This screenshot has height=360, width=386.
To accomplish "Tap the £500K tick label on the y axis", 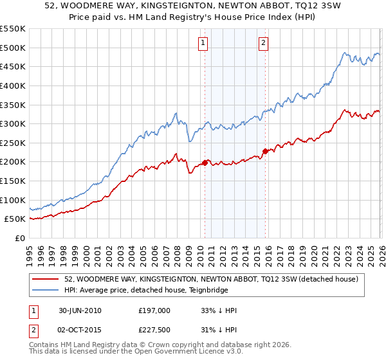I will point(13,48).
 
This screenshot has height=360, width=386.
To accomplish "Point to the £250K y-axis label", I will point(13,143).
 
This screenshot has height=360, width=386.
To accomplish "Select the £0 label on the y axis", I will point(19,238).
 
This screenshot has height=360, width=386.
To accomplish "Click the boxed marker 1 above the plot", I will point(203,43).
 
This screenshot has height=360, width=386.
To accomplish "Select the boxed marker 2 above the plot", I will point(264,43).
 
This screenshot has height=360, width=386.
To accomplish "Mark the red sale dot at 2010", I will point(205,163).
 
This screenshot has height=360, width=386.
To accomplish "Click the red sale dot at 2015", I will point(265,152).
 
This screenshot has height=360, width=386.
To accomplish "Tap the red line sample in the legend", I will point(46,278).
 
